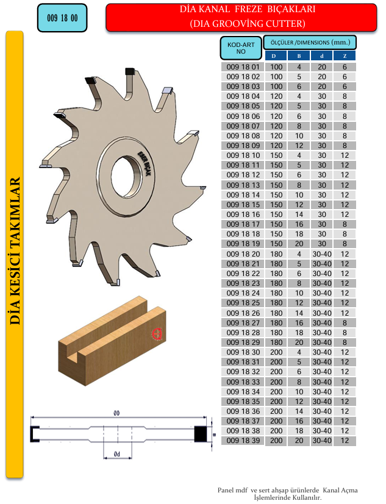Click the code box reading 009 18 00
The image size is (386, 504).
coord(62,18)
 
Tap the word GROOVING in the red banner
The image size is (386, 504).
coord(246,24)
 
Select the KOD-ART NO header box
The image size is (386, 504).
coord(241,48)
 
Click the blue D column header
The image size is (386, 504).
coord(276,56)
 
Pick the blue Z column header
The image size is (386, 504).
coord(345,56)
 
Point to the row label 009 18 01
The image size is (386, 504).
coord(243,67)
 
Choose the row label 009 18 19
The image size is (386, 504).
coord(243,244)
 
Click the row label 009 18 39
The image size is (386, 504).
coord(243,441)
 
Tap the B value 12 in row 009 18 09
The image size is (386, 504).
coord(299,146)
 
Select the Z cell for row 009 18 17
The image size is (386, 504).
coord(345,224)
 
